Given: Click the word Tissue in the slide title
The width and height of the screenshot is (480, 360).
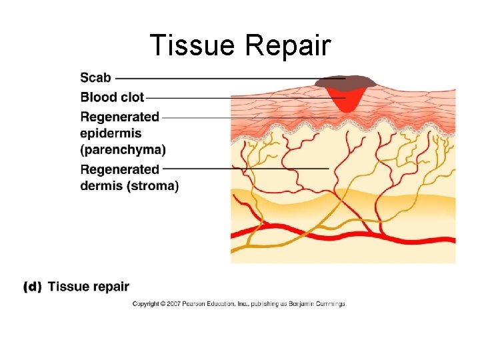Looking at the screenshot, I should click(x=193, y=46).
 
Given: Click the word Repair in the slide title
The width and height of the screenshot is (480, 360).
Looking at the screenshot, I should click(x=288, y=46).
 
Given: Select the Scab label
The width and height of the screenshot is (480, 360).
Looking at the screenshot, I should click(x=96, y=78).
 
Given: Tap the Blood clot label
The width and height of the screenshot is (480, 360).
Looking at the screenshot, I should click(x=112, y=97).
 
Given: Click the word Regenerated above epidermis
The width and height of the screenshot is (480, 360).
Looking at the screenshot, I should click(x=120, y=117).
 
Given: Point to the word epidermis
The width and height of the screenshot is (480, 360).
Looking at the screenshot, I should click(x=111, y=133).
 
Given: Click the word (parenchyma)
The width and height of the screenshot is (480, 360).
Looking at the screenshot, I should click(x=123, y=149).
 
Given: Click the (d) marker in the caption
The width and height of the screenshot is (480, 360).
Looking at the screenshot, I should click(x=33, y=287).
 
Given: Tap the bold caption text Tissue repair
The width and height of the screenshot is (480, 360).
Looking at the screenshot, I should click(x=89, y=287).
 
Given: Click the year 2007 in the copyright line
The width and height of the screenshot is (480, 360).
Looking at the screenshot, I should click(x=170, y=304).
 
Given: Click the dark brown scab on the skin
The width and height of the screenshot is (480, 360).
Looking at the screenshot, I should click(x=346, y=83).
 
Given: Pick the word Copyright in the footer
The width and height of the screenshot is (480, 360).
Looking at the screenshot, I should click(x=146, y=304).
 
